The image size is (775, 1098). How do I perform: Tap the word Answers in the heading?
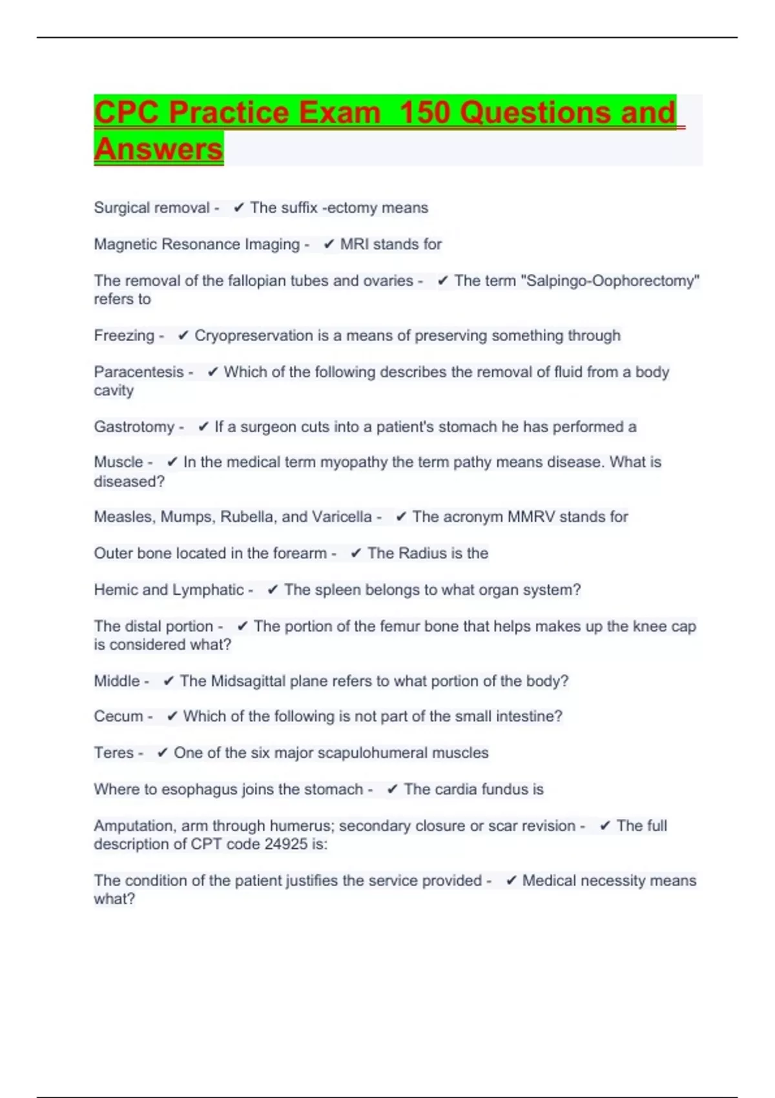pos(158,149)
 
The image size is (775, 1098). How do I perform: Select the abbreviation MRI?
pos(354,244)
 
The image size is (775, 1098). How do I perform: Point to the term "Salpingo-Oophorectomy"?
pos(610,281)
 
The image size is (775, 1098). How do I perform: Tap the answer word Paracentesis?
pos(139,372)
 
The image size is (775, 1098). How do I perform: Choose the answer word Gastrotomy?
pos(134,427)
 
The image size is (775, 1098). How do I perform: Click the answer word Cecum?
pos(118,716)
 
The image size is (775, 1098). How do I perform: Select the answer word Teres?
pos(114,753)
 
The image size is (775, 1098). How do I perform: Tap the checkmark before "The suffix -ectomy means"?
pos(238,208)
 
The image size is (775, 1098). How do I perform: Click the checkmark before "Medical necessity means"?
pos(511,881)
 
